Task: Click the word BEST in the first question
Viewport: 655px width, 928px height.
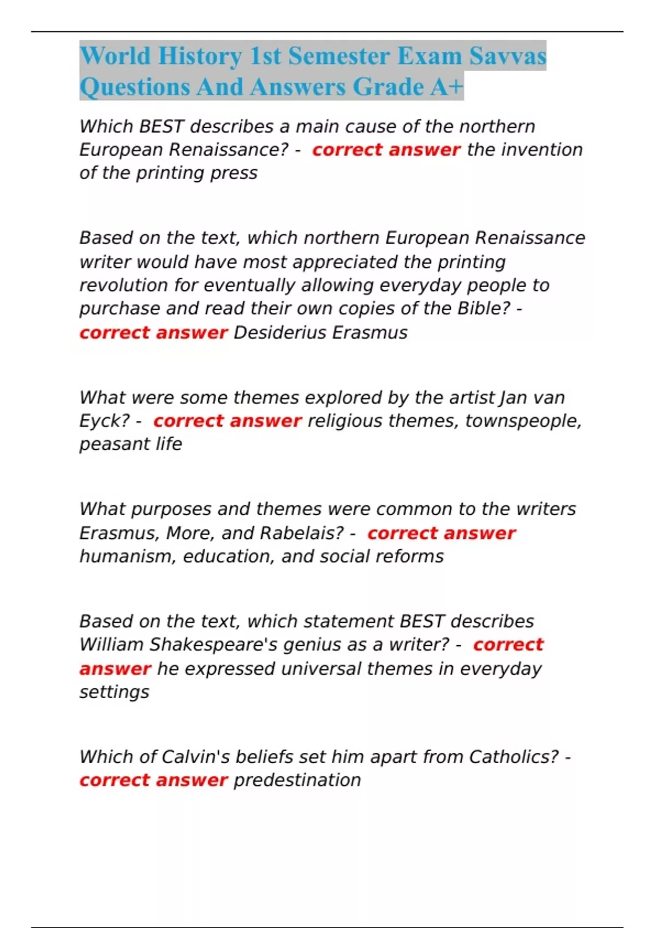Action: tap(161, 127)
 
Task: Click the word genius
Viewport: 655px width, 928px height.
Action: tap(304, 645)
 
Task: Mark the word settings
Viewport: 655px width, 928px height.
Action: tap(114, 692)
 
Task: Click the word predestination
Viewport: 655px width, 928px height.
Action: tap(297, 780)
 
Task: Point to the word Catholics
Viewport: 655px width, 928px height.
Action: tap(513, 757)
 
